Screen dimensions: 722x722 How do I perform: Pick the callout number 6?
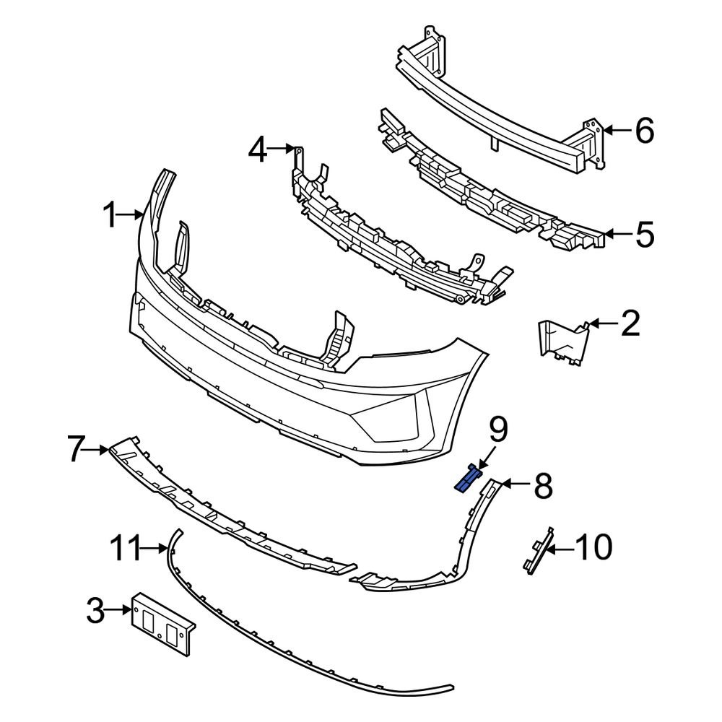click(x=644, y=131)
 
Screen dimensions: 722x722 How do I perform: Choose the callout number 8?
click(x=543, y=486)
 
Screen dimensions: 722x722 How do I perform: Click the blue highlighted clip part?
click(x=467, y=479)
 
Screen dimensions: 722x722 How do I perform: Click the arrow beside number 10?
click(x=562, y=549)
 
